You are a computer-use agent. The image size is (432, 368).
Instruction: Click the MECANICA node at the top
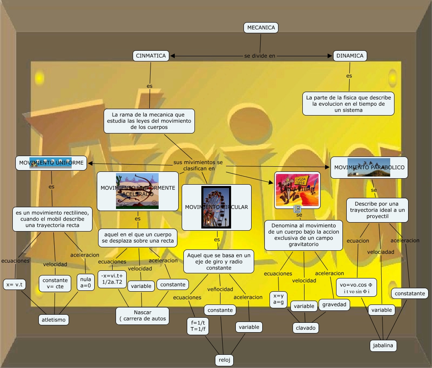tap(261, 28)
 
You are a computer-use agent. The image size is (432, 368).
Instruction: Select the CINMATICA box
tap(151, 56)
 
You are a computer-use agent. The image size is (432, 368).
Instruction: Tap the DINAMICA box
tap(350, 56)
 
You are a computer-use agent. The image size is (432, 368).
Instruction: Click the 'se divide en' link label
tap(259, 56)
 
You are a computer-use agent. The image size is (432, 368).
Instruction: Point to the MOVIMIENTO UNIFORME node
tap(51, 162)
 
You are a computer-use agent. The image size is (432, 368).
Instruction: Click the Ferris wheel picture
tap(216, 207)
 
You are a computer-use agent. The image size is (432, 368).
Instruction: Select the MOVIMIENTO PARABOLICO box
tap(369, 167)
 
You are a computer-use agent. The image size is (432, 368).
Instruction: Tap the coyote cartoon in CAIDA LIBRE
tap(297, 190)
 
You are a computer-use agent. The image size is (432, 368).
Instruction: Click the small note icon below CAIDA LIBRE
tap(298, 209)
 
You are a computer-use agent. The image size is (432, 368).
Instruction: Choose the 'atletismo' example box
tap(54, 319)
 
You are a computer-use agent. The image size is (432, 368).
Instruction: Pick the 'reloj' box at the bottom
tap(224, 360)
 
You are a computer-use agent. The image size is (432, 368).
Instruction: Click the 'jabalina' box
tap(383, 345)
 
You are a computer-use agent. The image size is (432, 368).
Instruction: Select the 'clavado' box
tap(306, 328)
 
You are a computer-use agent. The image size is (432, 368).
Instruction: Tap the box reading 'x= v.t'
tap(15, 284)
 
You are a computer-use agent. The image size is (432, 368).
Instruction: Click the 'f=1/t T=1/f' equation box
tap(198, 326)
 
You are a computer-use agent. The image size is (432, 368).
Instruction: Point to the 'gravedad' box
tap(335, 304)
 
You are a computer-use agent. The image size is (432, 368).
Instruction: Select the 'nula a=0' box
tap(86, 283)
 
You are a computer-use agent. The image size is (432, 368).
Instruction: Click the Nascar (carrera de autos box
tap(142, 316)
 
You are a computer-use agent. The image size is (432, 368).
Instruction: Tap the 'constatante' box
tap(410, 293)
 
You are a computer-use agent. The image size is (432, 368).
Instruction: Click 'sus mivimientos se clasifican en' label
tap(198, 165)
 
